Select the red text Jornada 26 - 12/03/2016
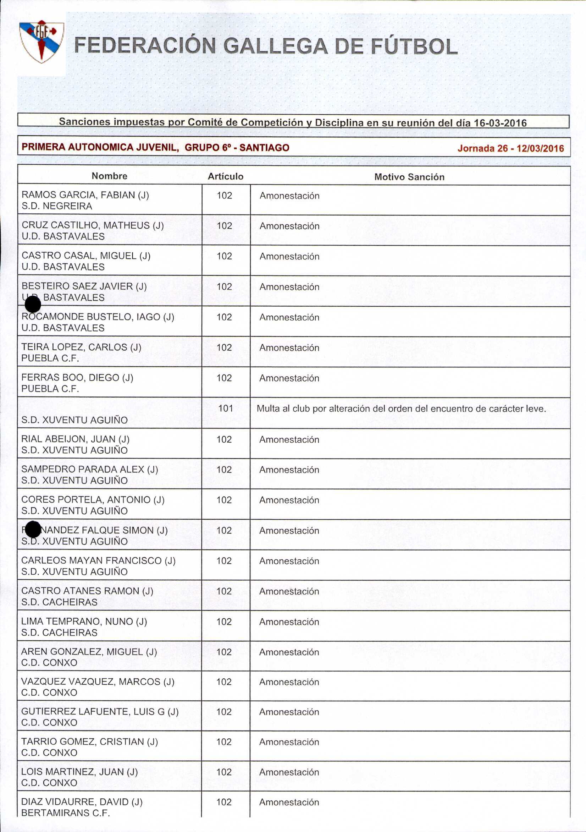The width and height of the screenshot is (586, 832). point(510,148)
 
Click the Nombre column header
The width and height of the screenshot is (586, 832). point(109,176)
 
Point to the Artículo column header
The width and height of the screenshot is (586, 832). point(225,176)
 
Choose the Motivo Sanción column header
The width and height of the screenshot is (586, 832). point(409,177)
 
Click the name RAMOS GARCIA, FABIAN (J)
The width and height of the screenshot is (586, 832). point(85,195)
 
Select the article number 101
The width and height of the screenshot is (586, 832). point(225,409)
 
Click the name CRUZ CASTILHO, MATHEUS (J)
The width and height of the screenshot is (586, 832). point(92,225)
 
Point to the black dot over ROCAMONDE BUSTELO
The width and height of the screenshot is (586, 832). point(33,304)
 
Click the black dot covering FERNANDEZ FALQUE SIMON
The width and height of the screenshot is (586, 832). point(33,530)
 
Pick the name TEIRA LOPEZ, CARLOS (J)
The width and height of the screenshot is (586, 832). point(81,347)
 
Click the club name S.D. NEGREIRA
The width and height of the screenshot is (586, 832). point(57,206)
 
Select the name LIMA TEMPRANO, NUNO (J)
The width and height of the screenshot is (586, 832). point(84,621)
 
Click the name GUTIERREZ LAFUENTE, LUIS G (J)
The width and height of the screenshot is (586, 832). point(100,712)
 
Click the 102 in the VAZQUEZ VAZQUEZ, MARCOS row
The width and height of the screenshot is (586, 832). point(224,682)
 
